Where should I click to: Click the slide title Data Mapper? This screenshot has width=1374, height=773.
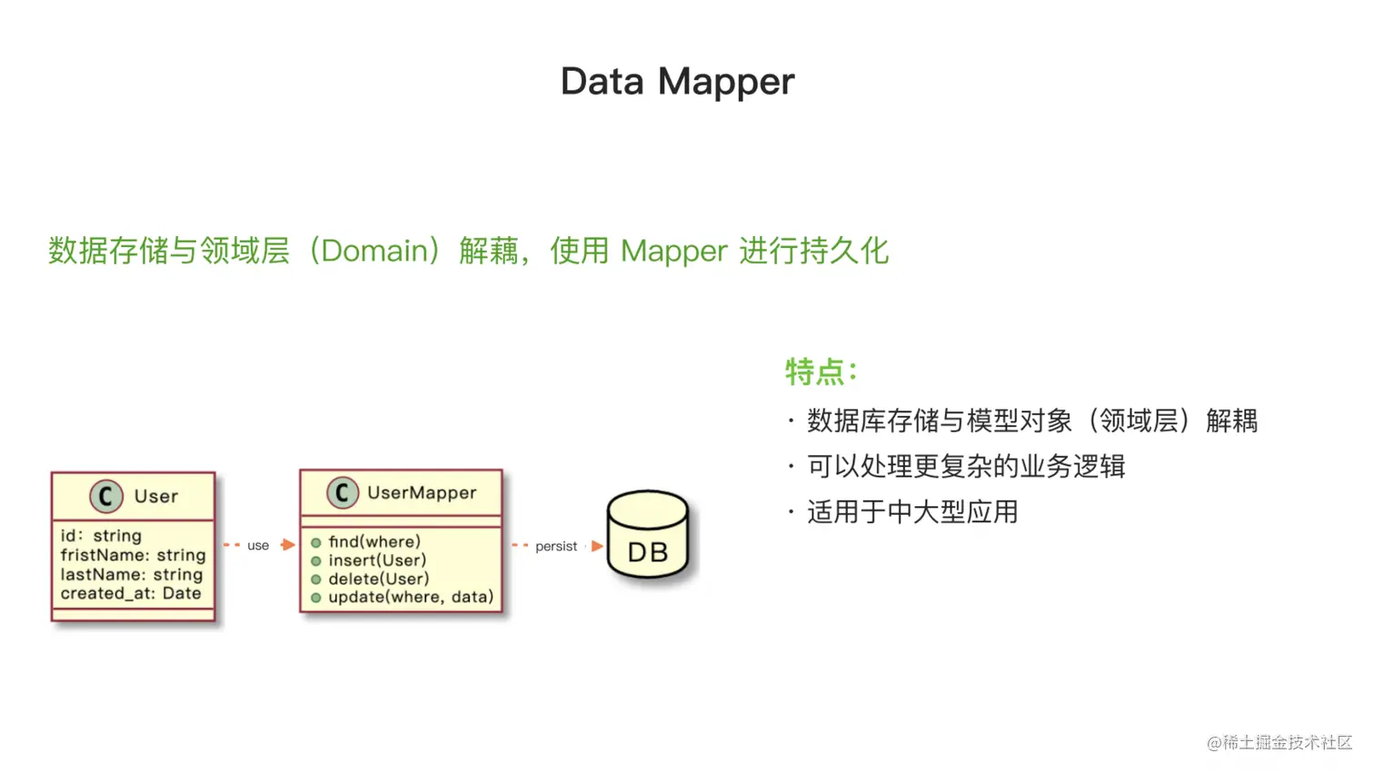click(x=677, y=82)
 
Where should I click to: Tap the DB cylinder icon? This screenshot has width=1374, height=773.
click(x=648, y=534)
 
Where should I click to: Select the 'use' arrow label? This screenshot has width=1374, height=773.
click(x=258, y=546)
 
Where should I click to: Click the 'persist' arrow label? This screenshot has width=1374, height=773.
click(x=556, y=546)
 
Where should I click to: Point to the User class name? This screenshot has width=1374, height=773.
click(x=155, y=496)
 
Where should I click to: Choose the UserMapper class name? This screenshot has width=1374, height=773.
click(x=422, y=492)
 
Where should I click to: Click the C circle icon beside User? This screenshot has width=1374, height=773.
click(x=106, y=496)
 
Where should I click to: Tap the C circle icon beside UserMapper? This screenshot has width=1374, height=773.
click(x=343, y=492)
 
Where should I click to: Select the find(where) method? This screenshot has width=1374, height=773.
click(x=374, y=542)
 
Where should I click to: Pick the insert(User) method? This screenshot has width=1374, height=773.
click(x=377, y=560)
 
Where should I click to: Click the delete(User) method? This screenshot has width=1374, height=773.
click(x=378, y=579)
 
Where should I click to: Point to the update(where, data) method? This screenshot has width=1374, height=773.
click(x=411, y=597)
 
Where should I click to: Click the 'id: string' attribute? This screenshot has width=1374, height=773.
click(x=101, y=536)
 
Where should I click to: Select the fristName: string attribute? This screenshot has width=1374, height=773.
click(x=133, y=555)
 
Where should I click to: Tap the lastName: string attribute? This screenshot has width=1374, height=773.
click(x=131, y=574)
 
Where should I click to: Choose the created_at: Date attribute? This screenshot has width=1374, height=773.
click(x=131, y=593)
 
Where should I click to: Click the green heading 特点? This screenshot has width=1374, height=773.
click(x=821, y=372)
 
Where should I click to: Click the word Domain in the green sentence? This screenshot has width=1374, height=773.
click(x=374, y=251)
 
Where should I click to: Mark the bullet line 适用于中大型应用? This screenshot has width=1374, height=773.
click(x=912, y=512)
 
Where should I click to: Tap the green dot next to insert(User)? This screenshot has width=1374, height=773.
click(x=316, y=560)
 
